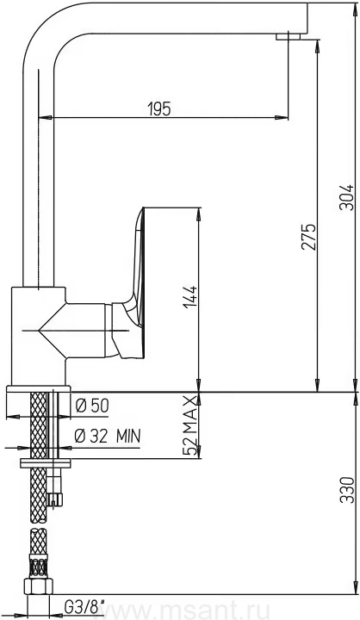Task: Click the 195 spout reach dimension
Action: coord(159,108)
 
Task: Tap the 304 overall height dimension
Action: coord(346,197)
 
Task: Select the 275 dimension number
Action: coord(308,237)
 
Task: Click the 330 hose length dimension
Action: coord(347,490)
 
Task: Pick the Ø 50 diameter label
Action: coord(92,406)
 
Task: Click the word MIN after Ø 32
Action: coord(128,436)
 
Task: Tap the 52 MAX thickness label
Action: coord(190,425)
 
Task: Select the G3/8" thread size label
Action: coord(84,605)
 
